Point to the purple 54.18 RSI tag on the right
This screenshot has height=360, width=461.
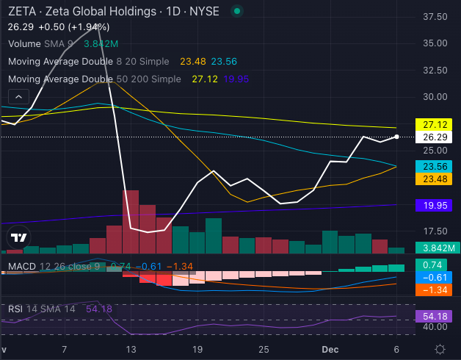[x=433, y=317]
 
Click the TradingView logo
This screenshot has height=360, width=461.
[x=18, y=237]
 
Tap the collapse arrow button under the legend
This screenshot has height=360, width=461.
[x=18, y=96]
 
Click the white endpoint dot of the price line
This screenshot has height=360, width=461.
[x=396, y=137]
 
